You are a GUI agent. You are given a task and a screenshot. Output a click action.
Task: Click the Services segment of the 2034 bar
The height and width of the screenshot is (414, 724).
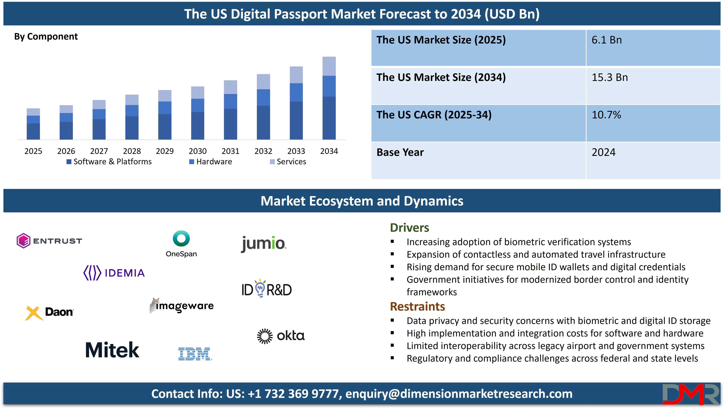point(329,66)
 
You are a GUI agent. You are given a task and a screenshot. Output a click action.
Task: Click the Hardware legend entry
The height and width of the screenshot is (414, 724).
point(211,162)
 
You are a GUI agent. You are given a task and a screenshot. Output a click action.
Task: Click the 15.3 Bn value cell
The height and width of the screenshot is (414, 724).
point(609,77)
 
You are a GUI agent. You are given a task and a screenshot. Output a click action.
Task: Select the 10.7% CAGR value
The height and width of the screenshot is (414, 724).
point(606,115)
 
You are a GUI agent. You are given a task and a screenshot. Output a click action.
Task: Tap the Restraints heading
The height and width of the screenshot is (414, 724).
point(417,307)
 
